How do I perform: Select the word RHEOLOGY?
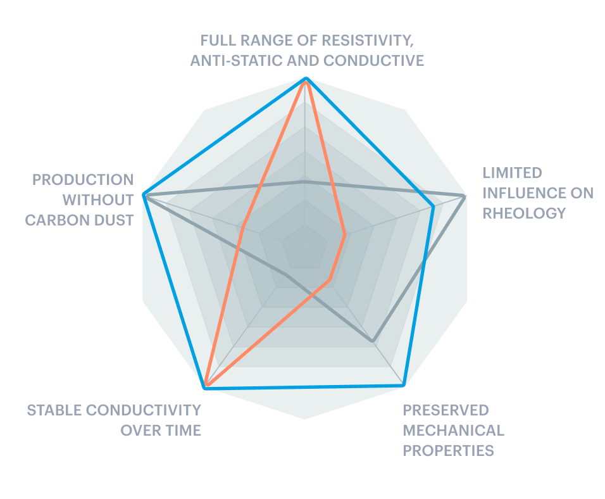(x=524, y=213)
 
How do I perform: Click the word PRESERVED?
(x=446, y=410)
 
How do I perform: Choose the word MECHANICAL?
(x=453, y=430)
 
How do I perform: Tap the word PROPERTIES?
(x=448, y=451)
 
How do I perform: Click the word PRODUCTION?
(x=83, y=180)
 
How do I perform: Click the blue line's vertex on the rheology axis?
(x=433, y=207)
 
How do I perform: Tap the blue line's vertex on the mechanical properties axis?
(x=403, y=384)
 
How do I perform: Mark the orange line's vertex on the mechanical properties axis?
(x=329, y=280)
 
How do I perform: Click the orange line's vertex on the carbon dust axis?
(x=242, y=227)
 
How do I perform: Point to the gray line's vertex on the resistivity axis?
(x=304, y=182)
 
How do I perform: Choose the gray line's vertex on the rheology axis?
(x=464, y=197)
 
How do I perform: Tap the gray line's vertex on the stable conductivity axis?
(x=287, y=275)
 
